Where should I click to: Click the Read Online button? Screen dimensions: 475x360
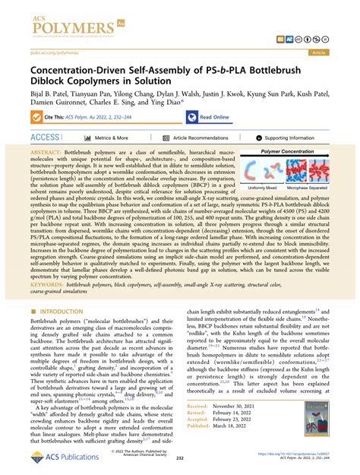click(x=214, y=117)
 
